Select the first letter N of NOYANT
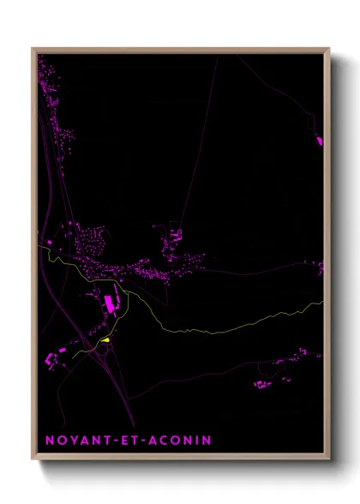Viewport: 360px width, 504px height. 48,441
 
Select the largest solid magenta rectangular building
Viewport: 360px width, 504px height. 110,304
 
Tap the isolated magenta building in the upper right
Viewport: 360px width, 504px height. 320,139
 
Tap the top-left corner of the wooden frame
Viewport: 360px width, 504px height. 32,48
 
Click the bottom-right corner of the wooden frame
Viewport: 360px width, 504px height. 330,460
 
